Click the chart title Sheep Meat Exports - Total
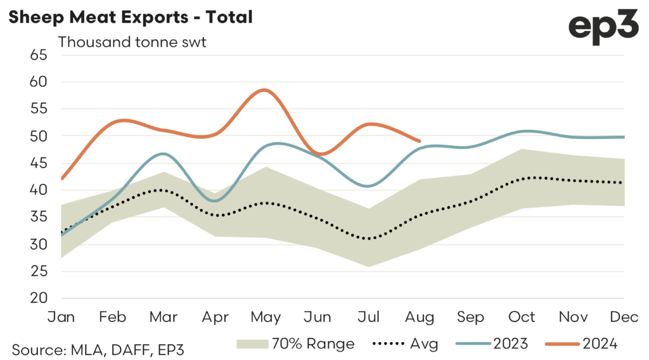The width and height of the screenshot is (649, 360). pyautogui.click(x=130, y=17)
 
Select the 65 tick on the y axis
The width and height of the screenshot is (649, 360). pyautogui.click(x=39, y=55)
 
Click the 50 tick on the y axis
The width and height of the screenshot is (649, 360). pyautogui.click(x=39, y=136)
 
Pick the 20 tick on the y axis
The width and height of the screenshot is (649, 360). pyautogui.click(x=39, y=299)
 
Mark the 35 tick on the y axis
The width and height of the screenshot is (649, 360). pyautogui.click(x=39, y=217)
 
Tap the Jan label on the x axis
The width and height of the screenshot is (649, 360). pyautogui.click(x=62, y=316)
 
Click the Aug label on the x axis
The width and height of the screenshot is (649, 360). pyautogui.click(x=420, y=316)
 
